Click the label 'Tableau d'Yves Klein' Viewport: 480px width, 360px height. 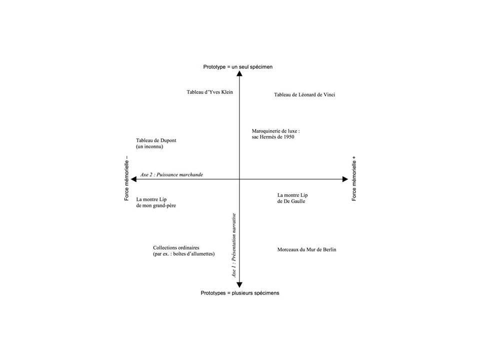pos(209,92)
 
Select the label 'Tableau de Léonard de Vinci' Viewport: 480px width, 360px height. pos(304,94)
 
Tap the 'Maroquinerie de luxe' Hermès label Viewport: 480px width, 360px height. pos(276,134)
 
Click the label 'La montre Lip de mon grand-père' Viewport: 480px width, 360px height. pos(156,202)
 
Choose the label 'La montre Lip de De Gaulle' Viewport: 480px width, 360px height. pos(292,198)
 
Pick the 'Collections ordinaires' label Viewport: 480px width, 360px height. pos(183,250)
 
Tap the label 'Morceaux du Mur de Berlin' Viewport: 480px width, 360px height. pos(306,249)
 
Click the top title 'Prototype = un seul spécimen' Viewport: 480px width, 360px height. pos(238,66)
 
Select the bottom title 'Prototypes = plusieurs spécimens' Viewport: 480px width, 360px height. pos(240,293)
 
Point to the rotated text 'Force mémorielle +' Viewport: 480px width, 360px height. pos(354,178)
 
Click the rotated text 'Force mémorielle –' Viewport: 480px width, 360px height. pos(126,178)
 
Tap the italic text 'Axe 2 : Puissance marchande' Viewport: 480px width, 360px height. pos(171,174)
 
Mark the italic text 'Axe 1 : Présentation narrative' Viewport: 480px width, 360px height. pos(234,245)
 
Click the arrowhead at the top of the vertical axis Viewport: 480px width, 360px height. pos(239,73)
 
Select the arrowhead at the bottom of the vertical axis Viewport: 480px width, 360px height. pos(239,285)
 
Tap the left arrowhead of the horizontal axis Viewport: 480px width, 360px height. pos(133,179)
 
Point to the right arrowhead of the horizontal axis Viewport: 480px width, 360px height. pos(345,179)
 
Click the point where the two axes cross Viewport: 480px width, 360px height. pos(239,179)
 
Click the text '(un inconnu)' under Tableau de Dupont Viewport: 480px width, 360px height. pos(149,146)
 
